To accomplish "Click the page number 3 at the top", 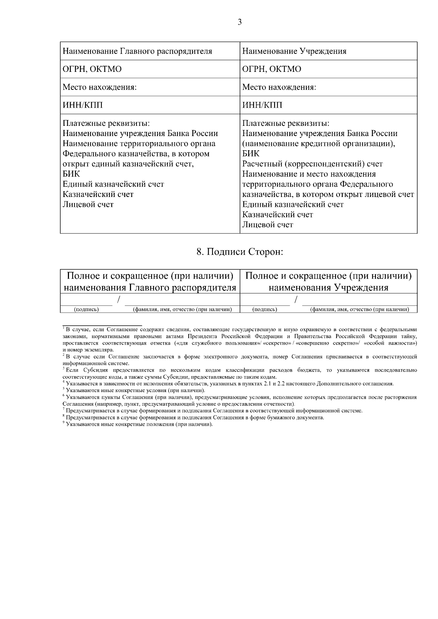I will click(x=239, y=22).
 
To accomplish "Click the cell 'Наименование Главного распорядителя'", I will click(x=137, y=51).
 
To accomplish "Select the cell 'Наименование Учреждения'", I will click(x=294, y=51).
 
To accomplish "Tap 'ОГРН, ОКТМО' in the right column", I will click(x=272, y=69).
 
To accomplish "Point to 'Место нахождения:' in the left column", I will click(x=100, y=87).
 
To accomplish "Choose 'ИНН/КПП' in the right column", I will click(x=262, y=105).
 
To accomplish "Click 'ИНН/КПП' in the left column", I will click(x=82, y=105).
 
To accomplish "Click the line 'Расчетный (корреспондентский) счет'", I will click(x=312, y=164).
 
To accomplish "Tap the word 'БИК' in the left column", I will click(x=71, y=174).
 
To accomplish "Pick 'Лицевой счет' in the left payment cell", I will click(x=88, y=204).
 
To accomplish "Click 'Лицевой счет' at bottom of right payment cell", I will click(x=268, y=225).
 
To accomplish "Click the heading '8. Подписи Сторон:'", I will click(x=239, y=252).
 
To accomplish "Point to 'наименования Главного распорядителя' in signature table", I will click(x=150, y=287).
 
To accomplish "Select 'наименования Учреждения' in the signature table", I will click(x=328, y=287).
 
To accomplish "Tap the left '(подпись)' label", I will click(x=87, y=310).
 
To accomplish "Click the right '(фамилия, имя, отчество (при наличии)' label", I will click(x=359, y=310).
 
